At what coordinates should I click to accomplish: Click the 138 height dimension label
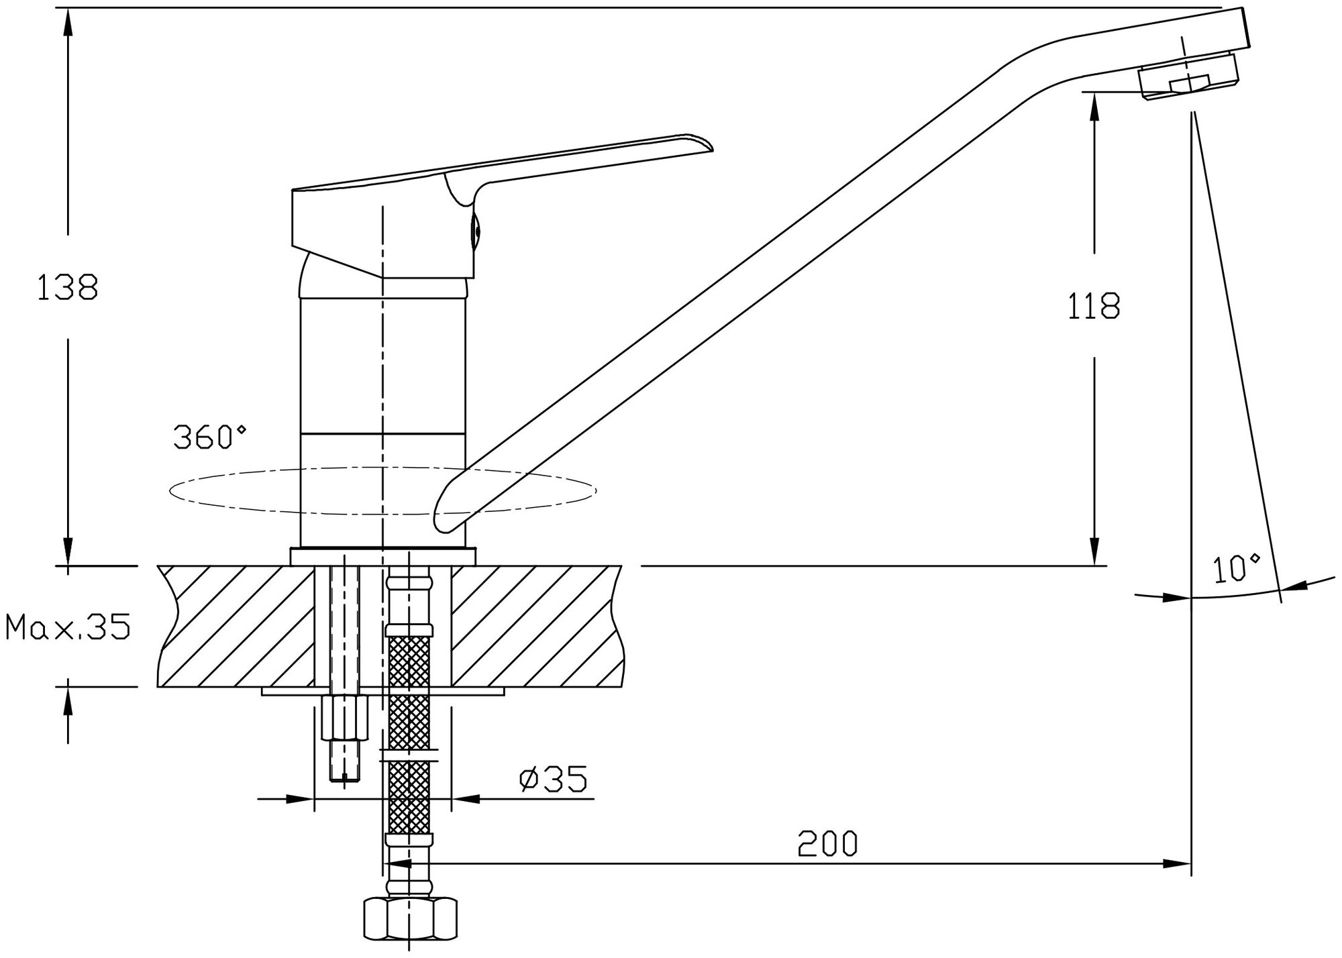[67, 287]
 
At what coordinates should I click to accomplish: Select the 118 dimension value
[1094, 306]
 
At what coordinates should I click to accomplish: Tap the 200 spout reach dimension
[827, 843]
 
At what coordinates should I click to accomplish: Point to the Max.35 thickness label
[67, 628]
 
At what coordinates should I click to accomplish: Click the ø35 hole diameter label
[554, 779]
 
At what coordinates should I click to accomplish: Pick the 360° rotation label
[210, 437]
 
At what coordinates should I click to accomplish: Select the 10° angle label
[1237, 569]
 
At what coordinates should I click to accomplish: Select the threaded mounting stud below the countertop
[344, 738]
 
